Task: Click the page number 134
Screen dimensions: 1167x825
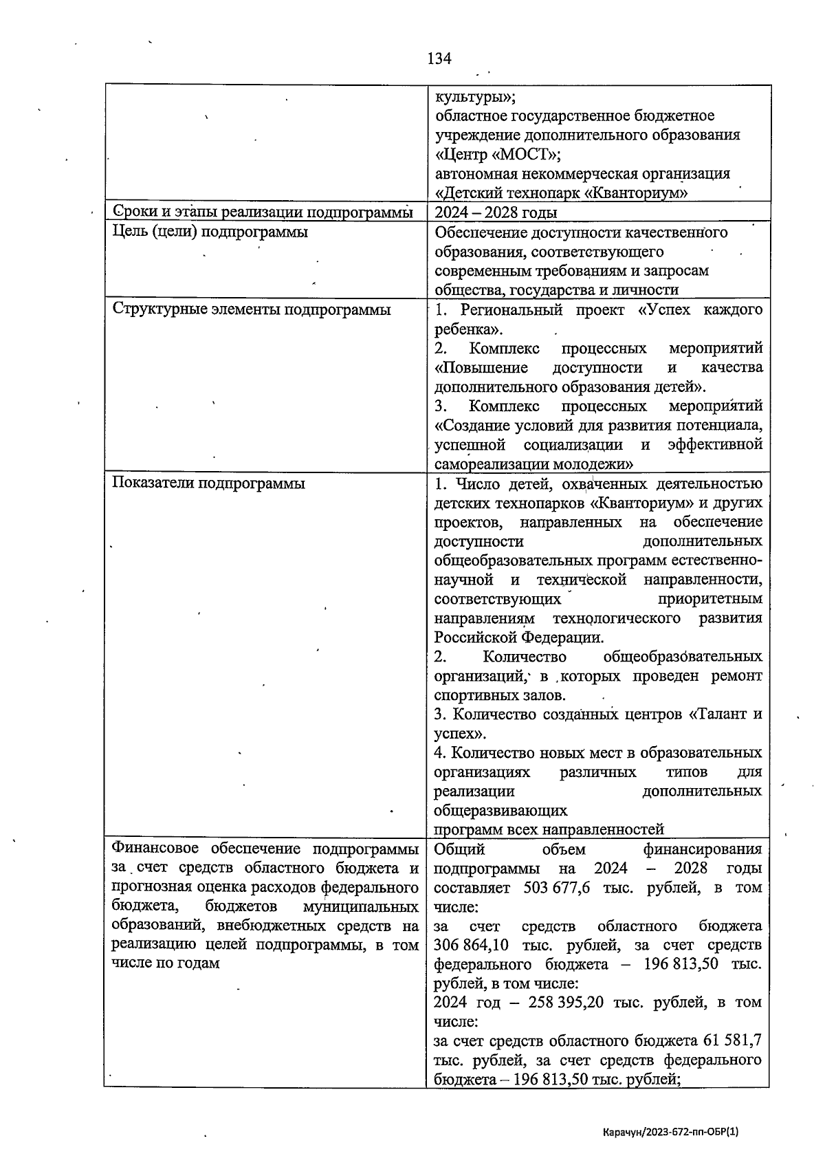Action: click(439, 58)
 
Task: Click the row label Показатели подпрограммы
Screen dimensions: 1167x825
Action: click(208, 483)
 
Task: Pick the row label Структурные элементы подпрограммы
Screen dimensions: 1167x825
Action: click(251, 309)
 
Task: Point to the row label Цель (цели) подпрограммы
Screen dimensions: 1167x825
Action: click(210, 232)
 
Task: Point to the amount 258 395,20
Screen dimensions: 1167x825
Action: click(566, 1003)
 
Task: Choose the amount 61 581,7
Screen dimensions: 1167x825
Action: click(731, 1041)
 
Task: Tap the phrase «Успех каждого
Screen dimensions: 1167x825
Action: click(701, 309)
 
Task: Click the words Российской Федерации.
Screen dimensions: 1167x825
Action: click(518, 637)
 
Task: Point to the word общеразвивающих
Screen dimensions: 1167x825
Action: click(500, 811)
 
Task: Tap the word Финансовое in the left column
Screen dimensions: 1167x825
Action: click(155, 849)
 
